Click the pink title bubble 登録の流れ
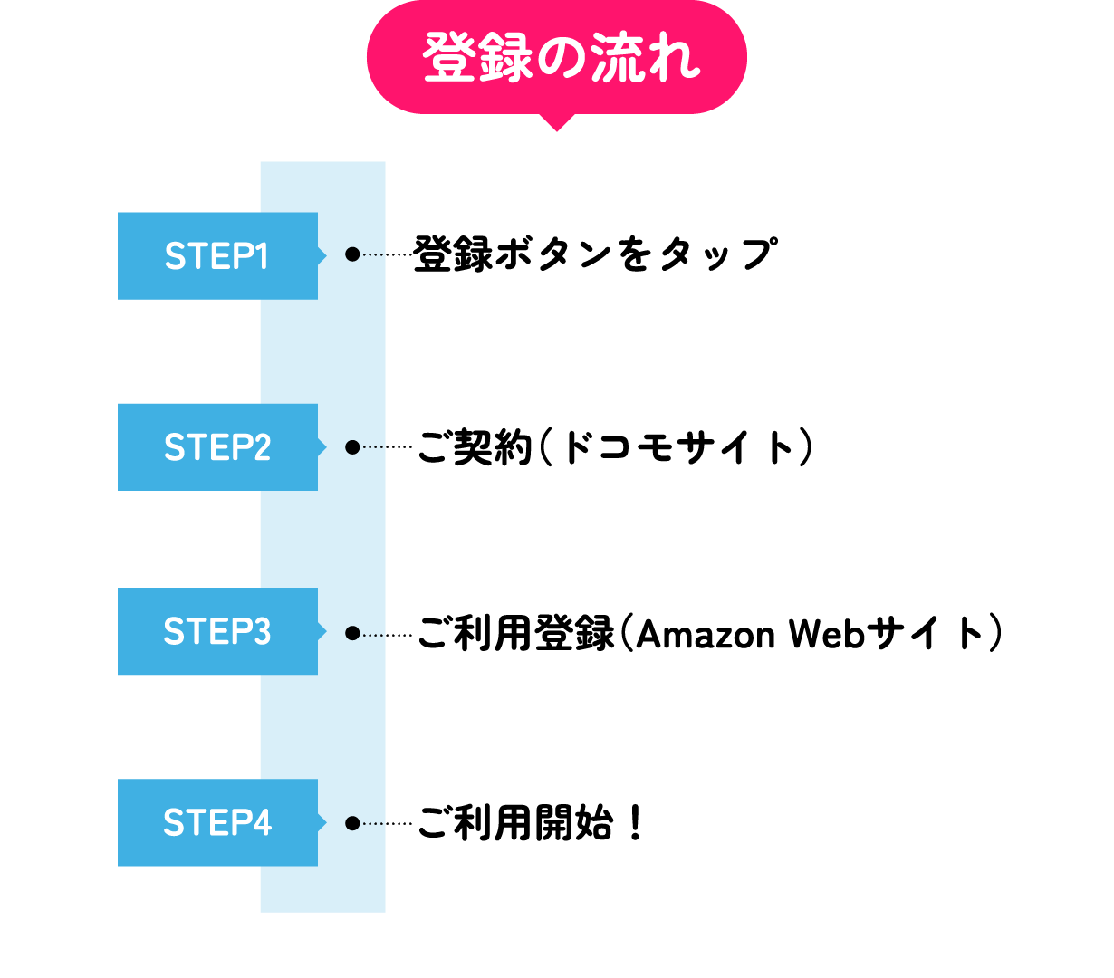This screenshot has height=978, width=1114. click(x=556, y=57)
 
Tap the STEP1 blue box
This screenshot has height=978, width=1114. click(x=217, y=255)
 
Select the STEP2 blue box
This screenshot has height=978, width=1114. click(x=217, y=447)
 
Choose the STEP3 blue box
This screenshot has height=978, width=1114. click(x=217, y=631)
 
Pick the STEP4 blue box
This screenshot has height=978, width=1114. click(x=217, y=822)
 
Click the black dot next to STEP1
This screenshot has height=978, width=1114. click(x=352, y=254)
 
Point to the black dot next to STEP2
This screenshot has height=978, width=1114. click(x=352, y=447)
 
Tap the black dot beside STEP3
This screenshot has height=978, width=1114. click(x=352, y=633)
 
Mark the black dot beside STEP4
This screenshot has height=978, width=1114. click(x=352, y=823)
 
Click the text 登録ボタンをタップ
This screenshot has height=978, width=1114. click(x=595, y=254)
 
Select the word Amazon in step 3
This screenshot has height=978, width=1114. click(x=706, y=634)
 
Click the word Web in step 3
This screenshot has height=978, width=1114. click(x=828, y=634)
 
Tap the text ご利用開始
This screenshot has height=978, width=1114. click(x=515, y=823)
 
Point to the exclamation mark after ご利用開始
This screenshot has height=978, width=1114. click(x=636, y=823)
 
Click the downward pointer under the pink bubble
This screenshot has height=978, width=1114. click(x=556, y=122)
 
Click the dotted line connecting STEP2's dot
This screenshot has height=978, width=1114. click(x=387, y=447)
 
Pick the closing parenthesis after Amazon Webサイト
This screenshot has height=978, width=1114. click(x=995, y=633)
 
